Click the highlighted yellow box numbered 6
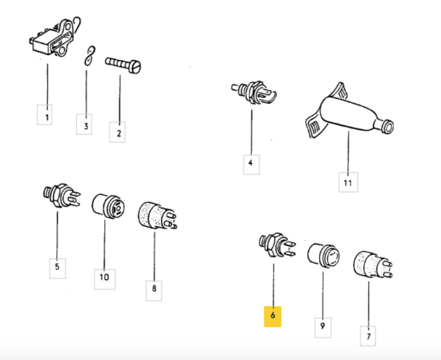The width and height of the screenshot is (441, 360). pyautogui.click(x=273, y=316)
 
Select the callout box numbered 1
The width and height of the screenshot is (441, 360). pyautogui.click(x=45, y=115)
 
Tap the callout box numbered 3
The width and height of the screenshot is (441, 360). pyautogui.click(x=84, y=124)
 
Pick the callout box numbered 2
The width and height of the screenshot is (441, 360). pyautogui.click(x=117, y=132)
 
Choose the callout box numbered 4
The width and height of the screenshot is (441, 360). pyautogui.click(x=251, y=165)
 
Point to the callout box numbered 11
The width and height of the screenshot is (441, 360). pyautogui.click(x=349, y=182)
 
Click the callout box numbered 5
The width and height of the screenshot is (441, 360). pyautogui.click(x=58, y=269)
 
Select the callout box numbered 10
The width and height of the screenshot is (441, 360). pyautogui.click(x=105, y=279)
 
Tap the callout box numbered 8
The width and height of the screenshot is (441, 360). pyautogui.click(x=154, y=291)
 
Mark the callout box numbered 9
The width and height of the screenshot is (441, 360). pyautogui.click(x=323, y=328)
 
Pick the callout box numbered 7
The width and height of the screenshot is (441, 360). pyautogui.click(x=368, y=336)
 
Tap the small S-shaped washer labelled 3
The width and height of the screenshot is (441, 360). pyautogui.click(x=90, y=56)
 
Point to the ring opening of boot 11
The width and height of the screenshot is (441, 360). pyautogui.click(x=388, y=127)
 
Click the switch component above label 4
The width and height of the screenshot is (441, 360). pyautogui.click(x=254, y=92)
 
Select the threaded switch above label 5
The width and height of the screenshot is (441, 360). pyautogui.click(x=62, y=196)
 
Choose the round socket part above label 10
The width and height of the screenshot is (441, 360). pyautogui.click(x=108, y=206)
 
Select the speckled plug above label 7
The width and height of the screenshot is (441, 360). pyautogui.click(x=372, y=265)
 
